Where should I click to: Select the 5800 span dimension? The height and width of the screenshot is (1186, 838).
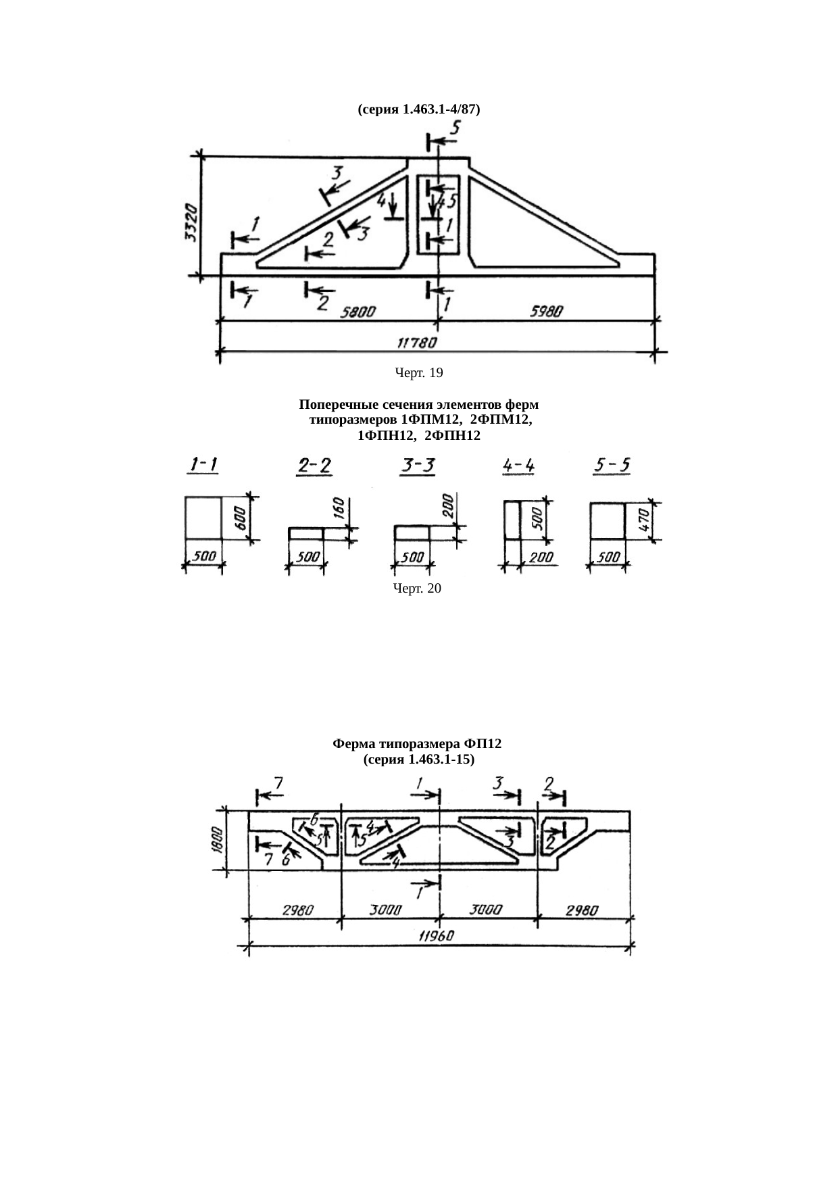[x=359, y=312]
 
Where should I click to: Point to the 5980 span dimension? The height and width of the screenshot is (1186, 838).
[x=547, y=312]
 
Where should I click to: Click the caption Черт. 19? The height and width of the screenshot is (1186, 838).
[x=418, y=372]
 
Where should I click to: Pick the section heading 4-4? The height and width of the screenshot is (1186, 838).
[x=520, y=465]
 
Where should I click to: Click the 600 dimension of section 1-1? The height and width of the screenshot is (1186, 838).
[x=240, y=518]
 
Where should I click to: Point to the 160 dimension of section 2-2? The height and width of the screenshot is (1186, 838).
[x=339, y=509]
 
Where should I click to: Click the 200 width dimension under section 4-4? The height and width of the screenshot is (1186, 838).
[x=541, y=558]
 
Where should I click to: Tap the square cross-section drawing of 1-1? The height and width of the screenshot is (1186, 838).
[x=203, y=518]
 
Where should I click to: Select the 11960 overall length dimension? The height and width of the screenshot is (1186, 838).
[x=436, y=937]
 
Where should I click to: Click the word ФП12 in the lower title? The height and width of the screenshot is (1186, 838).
[x=484, y=744]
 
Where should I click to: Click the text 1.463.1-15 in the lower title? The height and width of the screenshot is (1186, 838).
[x=439, y=760]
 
